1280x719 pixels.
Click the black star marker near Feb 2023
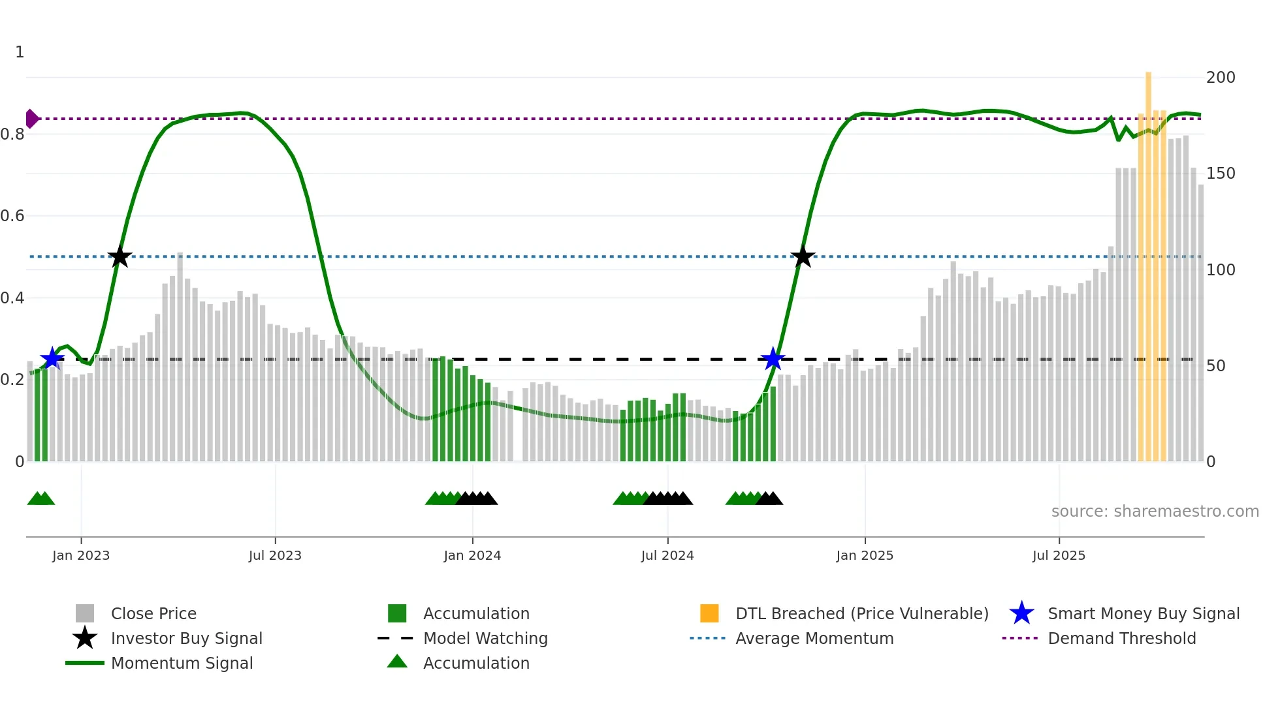coord(120,256)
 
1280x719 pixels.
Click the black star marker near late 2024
coord(803,256)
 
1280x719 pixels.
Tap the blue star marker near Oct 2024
coord(773,358)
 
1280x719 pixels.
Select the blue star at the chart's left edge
coord(52,358)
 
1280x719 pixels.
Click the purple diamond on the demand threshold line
coord(31,119)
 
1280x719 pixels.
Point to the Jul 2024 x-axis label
coord(667,555)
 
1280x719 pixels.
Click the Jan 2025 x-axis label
coord(865,555)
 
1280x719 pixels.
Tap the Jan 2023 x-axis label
coord(81,555)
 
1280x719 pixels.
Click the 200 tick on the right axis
coord(1221,78)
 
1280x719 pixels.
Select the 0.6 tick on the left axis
coord(13,216)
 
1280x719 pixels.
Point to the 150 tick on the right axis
coord(1221,174)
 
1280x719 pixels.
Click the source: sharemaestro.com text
coord(1155,512)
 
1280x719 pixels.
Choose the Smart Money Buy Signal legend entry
coord(1143,613)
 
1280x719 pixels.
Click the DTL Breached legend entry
coord(861,613)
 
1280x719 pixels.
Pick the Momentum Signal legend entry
coord(182,663)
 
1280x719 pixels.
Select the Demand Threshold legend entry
coord(1121,638)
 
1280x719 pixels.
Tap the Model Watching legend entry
coord(485,638)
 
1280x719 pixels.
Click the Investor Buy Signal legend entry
coord(186,638)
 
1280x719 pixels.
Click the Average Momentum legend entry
coord(814,638)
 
